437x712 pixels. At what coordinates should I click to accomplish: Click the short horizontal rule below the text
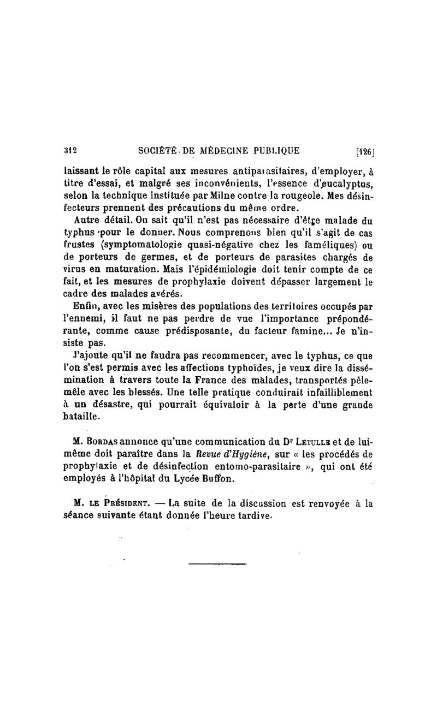pos(210,564)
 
